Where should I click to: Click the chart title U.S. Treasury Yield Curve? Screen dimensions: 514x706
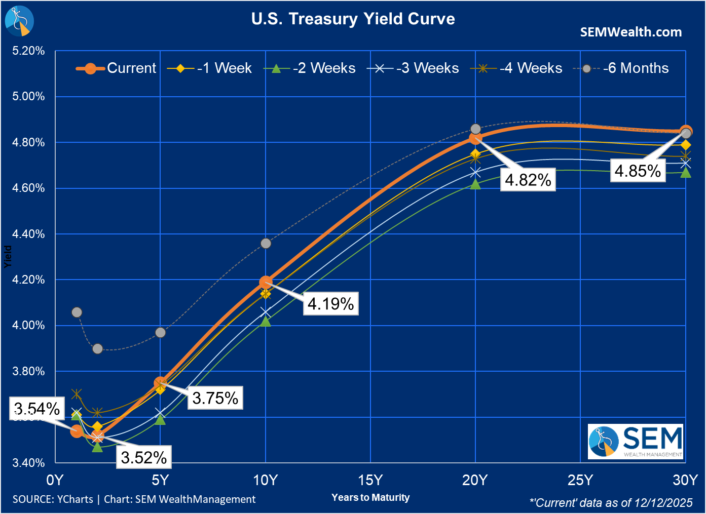tap(353, 19)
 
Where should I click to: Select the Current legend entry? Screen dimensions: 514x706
tap(116, 68)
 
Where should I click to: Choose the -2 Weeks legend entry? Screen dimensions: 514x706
tap(310, 68)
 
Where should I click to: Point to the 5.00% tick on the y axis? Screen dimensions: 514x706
tap(28, 96)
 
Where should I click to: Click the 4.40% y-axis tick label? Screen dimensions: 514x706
tap(28, 234)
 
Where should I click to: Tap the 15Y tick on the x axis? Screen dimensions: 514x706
tap(370, 480)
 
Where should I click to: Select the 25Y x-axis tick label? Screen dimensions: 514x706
tap(580, 480)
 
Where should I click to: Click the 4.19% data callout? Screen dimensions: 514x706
tap(330, 303)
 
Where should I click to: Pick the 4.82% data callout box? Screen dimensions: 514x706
tap(528, 180)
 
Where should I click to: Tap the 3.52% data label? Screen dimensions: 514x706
tap(144, 457)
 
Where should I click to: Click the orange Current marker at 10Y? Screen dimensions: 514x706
tap(266, 282)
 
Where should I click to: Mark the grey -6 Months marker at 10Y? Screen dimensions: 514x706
tap(266, 244)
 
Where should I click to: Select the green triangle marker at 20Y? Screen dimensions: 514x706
tap(475, 184)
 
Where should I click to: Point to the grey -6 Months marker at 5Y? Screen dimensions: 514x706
tap(161, 333)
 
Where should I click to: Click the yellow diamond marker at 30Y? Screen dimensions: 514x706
tap(686, 145)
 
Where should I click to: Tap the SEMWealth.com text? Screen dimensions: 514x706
tap(630, 32)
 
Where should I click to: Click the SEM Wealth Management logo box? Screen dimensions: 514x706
tap(636, 442)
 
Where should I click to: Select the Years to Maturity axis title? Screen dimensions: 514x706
tap(370, 497)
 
